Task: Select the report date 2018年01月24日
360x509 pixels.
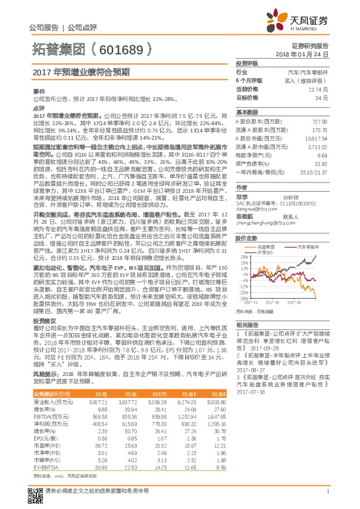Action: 309,54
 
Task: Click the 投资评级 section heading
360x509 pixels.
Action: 247,63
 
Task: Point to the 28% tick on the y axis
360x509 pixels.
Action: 241,257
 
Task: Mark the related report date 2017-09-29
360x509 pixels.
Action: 249,349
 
